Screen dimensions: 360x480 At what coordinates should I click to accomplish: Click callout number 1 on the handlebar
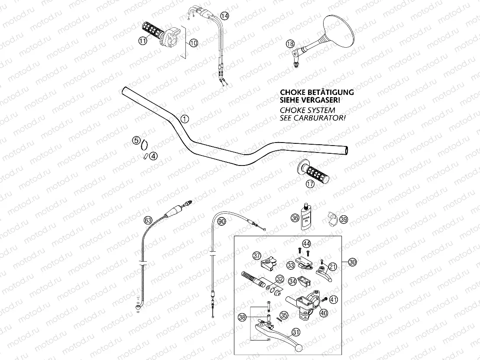[x=185, y=119]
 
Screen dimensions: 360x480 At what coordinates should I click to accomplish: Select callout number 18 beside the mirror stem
[x=290, y=44]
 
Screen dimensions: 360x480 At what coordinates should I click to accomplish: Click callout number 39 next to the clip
[x=344, y=220]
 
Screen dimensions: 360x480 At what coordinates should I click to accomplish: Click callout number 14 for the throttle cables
[x=224, y=16]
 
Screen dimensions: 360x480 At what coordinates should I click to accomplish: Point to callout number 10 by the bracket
[x=193, y=42]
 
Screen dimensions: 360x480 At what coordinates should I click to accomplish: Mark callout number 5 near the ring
[x=136, y=140]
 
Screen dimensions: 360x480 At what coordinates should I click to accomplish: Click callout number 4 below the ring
[x=153, y=156]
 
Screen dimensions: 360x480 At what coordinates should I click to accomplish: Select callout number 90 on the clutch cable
[x=222, y=221]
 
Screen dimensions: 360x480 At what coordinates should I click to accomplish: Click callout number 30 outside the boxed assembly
[x=353, y=262]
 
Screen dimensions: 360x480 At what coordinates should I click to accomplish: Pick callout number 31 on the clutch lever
[x=295, y=332]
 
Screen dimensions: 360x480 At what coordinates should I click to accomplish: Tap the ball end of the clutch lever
[x=298, y=347]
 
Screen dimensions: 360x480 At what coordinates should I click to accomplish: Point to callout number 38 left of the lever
[x=242, y=318]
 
